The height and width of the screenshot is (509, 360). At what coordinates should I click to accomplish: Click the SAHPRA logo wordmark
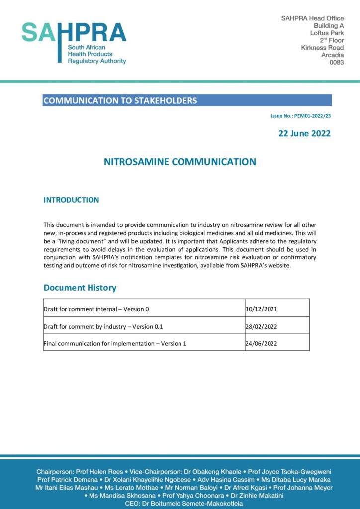tap(74, 33)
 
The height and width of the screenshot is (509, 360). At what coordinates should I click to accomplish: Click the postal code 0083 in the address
tap(337, 63)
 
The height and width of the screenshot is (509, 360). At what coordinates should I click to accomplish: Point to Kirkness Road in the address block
tap(322, 48)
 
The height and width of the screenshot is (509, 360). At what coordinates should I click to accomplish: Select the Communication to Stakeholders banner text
tap(120, 101)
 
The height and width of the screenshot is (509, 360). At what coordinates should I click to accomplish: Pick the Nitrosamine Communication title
tap(180, 162)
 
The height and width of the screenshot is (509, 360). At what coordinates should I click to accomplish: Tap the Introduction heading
tap(71, 200)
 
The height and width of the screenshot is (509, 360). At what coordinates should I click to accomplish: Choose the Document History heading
tap(80, 288)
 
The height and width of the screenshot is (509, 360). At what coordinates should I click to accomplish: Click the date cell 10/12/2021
tap(261, 309)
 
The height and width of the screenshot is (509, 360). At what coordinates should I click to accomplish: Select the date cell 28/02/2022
tap(261, 327)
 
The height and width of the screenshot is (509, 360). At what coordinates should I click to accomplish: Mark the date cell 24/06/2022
tap(261, 343)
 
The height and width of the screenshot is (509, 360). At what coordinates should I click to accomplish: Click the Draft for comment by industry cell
tap(103, 327)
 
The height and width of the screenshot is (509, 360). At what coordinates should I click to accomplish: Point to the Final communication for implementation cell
tap(115, 343)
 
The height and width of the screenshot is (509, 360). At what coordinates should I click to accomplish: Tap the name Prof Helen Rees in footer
tap(95, 471)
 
